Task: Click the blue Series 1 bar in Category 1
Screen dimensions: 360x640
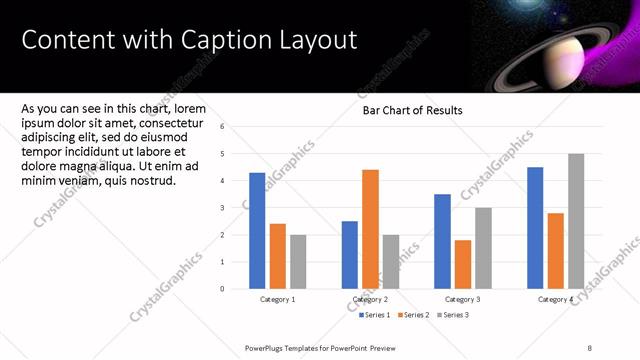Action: click(257, 231)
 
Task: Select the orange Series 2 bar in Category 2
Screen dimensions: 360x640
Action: click(370, 229)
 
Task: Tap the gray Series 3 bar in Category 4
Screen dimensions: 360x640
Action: click(576, 221)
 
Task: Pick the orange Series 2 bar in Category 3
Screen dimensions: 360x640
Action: click(463, 264)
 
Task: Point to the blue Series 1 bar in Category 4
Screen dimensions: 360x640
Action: click(535, 228)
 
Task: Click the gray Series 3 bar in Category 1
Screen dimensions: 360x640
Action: click(298, 262)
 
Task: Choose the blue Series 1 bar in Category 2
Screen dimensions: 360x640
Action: click(350, 255)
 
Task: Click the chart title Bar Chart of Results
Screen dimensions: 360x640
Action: click(412, 111)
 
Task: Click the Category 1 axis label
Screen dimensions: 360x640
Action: click(277, 300)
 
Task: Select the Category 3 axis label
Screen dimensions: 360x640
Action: click(463, 300)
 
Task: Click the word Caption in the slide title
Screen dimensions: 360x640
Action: click(217, 40)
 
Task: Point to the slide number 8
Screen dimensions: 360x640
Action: click(590, 347)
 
